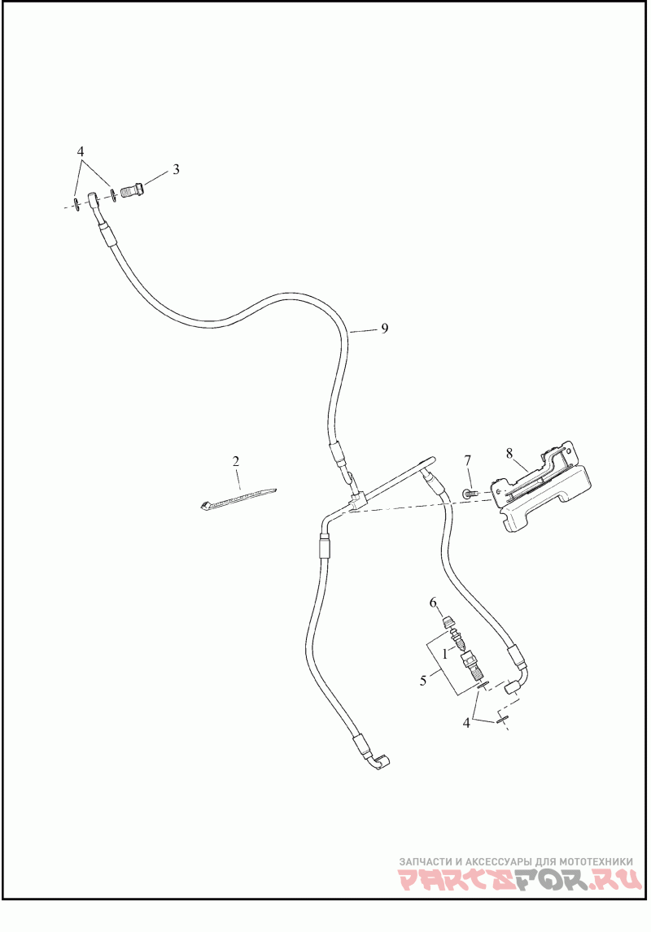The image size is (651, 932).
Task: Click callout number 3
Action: (x=175, y=170)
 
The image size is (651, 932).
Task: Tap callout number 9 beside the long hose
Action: (x=385, y=329)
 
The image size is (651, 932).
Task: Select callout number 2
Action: (x=236, y=461)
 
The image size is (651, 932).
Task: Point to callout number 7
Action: (x=468, y=461)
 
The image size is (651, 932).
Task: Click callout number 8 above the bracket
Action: (x=509, y=454)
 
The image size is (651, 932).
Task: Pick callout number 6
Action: (x=434, y=602)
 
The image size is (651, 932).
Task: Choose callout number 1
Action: (x=446, y=652)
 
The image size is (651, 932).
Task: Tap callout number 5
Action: (x=423, y=680)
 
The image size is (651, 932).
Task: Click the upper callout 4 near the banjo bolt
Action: (x=81, y=152)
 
